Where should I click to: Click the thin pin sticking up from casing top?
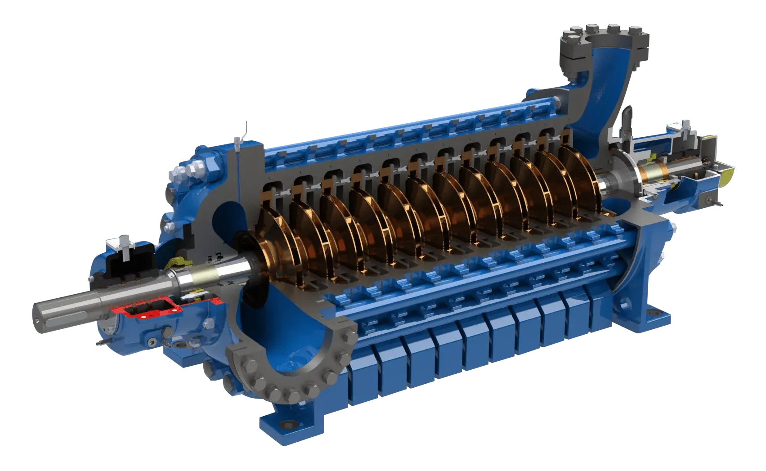[x=246, y=131]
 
